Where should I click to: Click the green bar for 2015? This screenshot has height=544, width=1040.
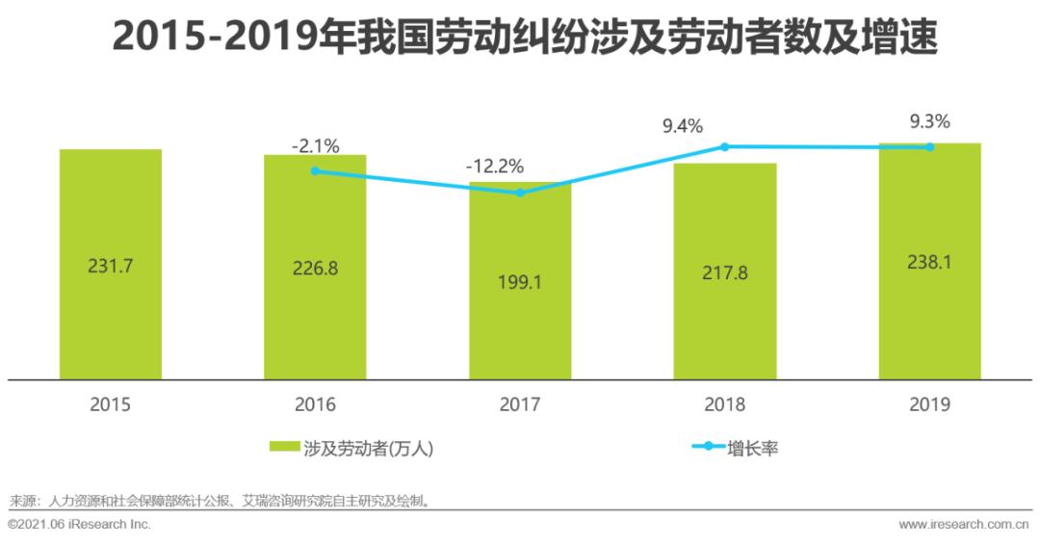point(110,318)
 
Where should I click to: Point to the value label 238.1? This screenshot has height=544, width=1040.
point(929,261)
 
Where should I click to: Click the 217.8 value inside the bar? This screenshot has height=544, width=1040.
point(724,272)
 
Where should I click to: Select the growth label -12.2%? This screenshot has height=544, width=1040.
point(495,166)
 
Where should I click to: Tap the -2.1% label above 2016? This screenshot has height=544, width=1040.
point(315,146)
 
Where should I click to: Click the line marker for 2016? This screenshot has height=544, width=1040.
point(315,171)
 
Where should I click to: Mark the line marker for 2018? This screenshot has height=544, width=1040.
point(725,146)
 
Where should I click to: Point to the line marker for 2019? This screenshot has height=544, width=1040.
point(930,147)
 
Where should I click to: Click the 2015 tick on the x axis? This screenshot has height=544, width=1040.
point(110,405)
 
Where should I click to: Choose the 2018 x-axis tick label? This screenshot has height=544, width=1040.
point(724,405)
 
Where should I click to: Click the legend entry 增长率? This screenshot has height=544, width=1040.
point(737,448)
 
